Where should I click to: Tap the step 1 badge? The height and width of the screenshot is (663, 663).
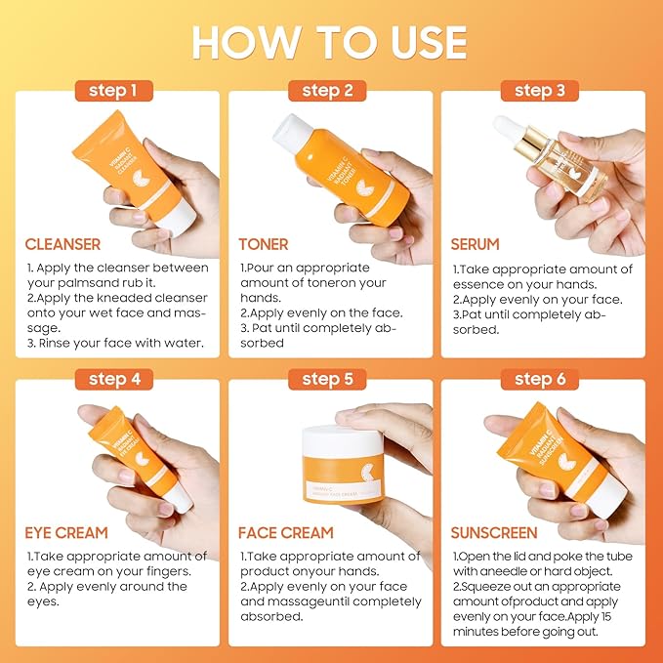coord(113,91)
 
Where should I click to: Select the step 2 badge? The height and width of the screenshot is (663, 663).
coord(327,91)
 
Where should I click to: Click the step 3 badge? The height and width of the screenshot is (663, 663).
coord(540,91)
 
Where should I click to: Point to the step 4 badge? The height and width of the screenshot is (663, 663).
coord(113,379)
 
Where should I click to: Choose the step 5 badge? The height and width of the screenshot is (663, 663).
coord(327,379)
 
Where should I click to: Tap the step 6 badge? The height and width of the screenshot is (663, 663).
coord(540,379)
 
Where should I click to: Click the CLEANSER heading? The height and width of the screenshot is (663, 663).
coord(62,244)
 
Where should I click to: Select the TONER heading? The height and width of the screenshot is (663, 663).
coord(263,244)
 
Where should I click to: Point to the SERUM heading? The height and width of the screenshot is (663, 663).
coord(475,244)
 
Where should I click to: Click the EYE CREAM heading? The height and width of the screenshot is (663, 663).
coord(66,533)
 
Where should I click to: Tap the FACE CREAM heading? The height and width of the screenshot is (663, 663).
coord(286,533)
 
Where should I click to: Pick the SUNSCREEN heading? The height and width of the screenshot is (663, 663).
coord(493,533)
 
